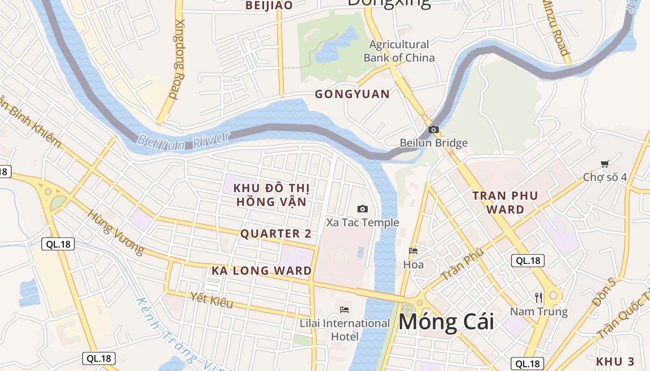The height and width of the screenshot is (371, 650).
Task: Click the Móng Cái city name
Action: pyautogui.click(x=446, y=322)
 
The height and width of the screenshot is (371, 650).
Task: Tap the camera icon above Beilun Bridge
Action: pyautogui.click(x=434, y=129)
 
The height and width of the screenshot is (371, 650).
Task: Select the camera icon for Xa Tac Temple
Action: pyautogui.click(x=362, y=209)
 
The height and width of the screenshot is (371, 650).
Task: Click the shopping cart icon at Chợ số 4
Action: pyautogui.click(x=604, y=164)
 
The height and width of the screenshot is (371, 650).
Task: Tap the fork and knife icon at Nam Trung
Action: pyautogui.click(x=539, y=297)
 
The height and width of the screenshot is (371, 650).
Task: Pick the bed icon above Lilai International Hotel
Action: pyautogui.click(x=344, y=309)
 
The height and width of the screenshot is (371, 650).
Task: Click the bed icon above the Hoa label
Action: pyautogui.click(x=413, y=251)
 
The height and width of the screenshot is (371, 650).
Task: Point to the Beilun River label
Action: pyautogui.click(x=183, y=141)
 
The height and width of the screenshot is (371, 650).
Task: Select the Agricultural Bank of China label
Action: pyautogui.click(x=399, y=51)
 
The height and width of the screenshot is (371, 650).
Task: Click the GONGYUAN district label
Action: pyautogui.click(x=352, y=94)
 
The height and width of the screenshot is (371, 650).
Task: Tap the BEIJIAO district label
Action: pyautogui.click(x=269, y=6)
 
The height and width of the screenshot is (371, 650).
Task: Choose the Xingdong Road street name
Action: pyautogui.click(x=177, y=59)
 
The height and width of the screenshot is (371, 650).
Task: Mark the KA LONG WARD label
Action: pyautogui.click(x=262, y=271)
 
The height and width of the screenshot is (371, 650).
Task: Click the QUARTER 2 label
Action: pyautogui.click(x=276, y=234)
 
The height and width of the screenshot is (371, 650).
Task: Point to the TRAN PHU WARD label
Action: pyautogui.click(x=505, y=202)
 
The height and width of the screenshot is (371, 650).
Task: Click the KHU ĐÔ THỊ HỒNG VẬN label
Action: pyautogui.click(x=271, y=195)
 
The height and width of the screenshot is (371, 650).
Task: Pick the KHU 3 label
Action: pyautogui.click(x=615, y=362)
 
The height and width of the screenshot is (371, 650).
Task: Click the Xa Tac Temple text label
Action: pyautogui.click(x=362, y=223)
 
